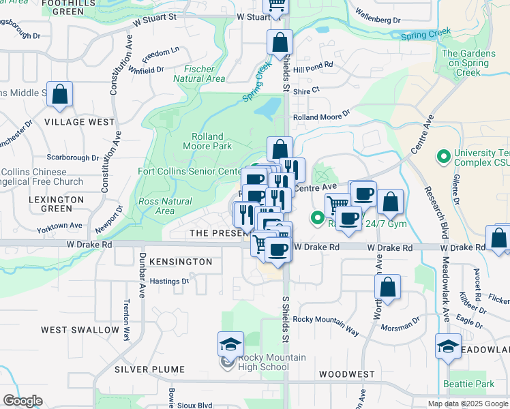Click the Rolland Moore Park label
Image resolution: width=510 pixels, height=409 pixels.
coord(207,140)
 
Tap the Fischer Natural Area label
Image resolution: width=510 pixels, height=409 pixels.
coord(199,74)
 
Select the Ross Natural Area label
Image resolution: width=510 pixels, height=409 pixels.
coord(165,206)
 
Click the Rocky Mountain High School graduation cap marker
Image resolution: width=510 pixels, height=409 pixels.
coord(230,345)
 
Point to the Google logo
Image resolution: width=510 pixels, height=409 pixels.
coord(22,401)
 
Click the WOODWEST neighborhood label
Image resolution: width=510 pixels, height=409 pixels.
coord(346,374)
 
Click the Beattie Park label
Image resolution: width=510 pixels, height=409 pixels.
coord(468,384)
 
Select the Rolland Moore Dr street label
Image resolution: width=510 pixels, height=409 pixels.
coord(321,117)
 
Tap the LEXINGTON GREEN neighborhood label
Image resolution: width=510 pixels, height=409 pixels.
coord(57,204)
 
